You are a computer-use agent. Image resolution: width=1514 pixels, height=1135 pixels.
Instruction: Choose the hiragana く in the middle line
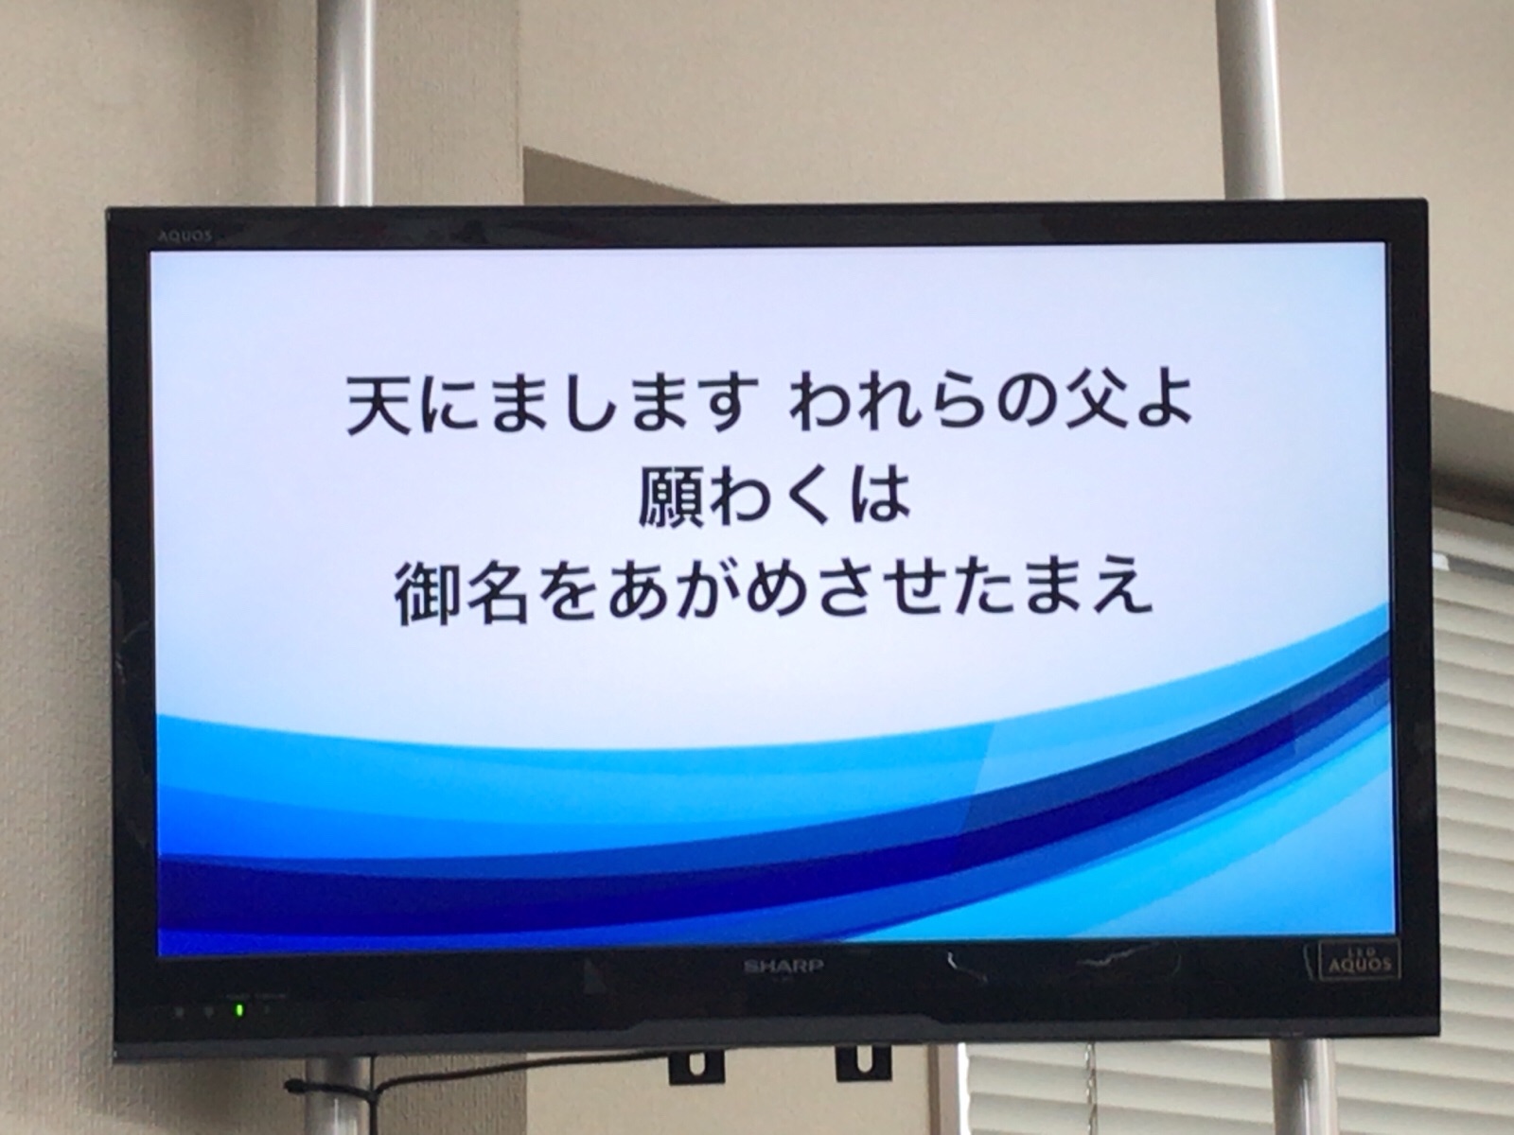click(805, 496)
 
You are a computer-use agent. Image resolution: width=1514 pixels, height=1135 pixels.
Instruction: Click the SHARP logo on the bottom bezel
click(783, 967)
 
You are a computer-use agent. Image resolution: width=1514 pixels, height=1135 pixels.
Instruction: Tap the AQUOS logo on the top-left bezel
click(185, 236)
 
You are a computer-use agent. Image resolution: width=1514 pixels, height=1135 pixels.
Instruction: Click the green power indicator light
click(239, 1009)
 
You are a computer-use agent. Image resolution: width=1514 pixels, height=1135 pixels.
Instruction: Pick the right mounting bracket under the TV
click(863, 1063)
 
